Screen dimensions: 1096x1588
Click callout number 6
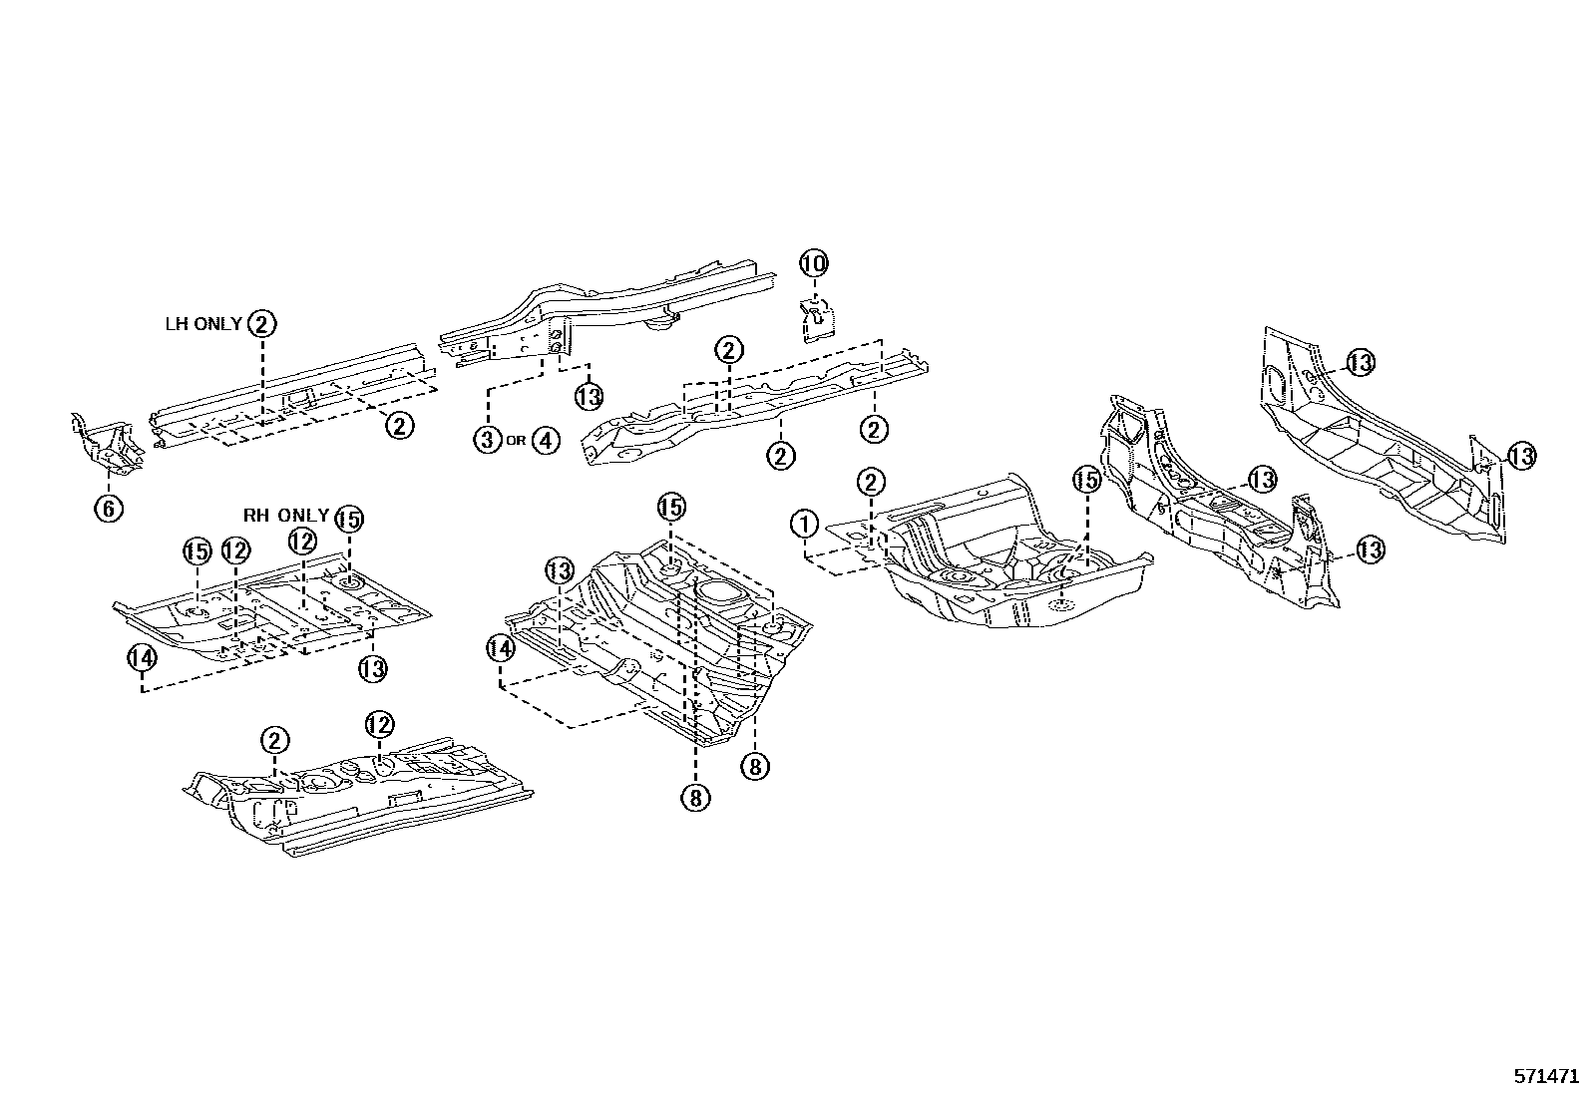point(109,508)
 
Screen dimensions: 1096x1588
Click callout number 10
point(814,264)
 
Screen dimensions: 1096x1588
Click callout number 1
point(805,523)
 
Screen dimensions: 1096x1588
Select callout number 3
point(487,440)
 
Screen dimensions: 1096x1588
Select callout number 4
point(546,440)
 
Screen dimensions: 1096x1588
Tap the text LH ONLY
point(202,324)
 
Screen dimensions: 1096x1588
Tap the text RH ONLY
point(286,516)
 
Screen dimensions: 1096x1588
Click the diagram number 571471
point(1546,1076)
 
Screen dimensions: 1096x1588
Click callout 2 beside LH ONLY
point(261,323)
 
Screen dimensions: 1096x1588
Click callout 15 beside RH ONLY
point(349,519)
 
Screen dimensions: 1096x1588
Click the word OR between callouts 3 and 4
point(516,441)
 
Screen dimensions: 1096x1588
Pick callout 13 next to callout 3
point(589,396)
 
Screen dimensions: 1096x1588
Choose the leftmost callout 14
point(142,657)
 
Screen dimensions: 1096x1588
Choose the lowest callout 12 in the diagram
point(379,725)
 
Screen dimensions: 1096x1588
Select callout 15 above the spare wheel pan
point(1085,480)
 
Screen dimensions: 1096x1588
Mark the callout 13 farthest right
point(1520,456)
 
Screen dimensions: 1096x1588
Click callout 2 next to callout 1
point(871,483)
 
